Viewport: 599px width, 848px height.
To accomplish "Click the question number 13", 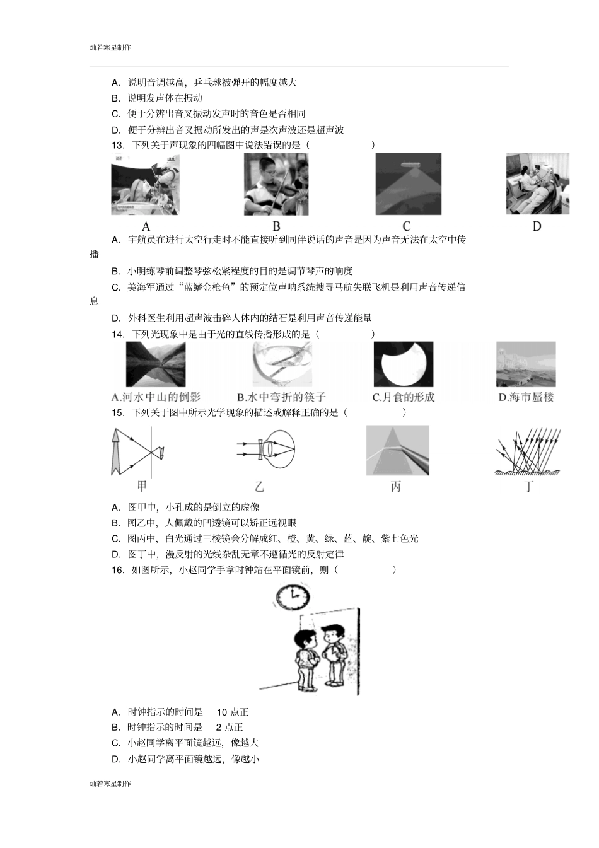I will point(118,145).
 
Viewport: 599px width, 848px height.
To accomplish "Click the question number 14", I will point(118,334).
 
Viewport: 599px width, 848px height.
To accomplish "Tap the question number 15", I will point(118,412).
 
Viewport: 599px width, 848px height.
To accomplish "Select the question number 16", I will point(118,570).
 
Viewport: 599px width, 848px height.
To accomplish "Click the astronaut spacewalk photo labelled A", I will point(145,185).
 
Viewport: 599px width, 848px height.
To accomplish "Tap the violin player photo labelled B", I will point(276,185).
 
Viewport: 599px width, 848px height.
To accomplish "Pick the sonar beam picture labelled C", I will point(408,184).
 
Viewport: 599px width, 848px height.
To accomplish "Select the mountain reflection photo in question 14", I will point(156,364).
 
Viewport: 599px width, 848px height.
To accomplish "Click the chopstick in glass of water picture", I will point(282,364).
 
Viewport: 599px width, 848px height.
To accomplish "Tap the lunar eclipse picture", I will point(404,364).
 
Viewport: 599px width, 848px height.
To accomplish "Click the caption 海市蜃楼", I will point(532,397).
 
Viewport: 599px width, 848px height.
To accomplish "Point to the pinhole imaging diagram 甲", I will point(139,451).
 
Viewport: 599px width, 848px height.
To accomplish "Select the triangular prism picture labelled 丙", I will point(397,450).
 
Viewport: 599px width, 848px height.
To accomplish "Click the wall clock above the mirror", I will point(293,596).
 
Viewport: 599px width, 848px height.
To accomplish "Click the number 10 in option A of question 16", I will point(222,712).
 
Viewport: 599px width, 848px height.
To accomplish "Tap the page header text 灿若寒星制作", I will point(110,47).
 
